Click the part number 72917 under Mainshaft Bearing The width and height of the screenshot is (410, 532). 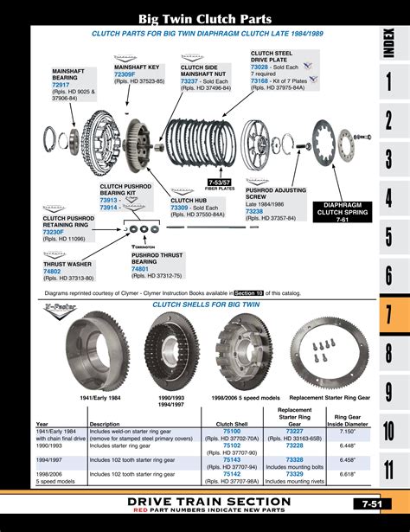pos(62,86)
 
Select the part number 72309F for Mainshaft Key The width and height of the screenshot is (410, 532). pos(127,75)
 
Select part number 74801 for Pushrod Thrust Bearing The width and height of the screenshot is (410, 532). pos(140,269)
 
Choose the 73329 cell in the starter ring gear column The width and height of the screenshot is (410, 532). pos(294,474)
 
